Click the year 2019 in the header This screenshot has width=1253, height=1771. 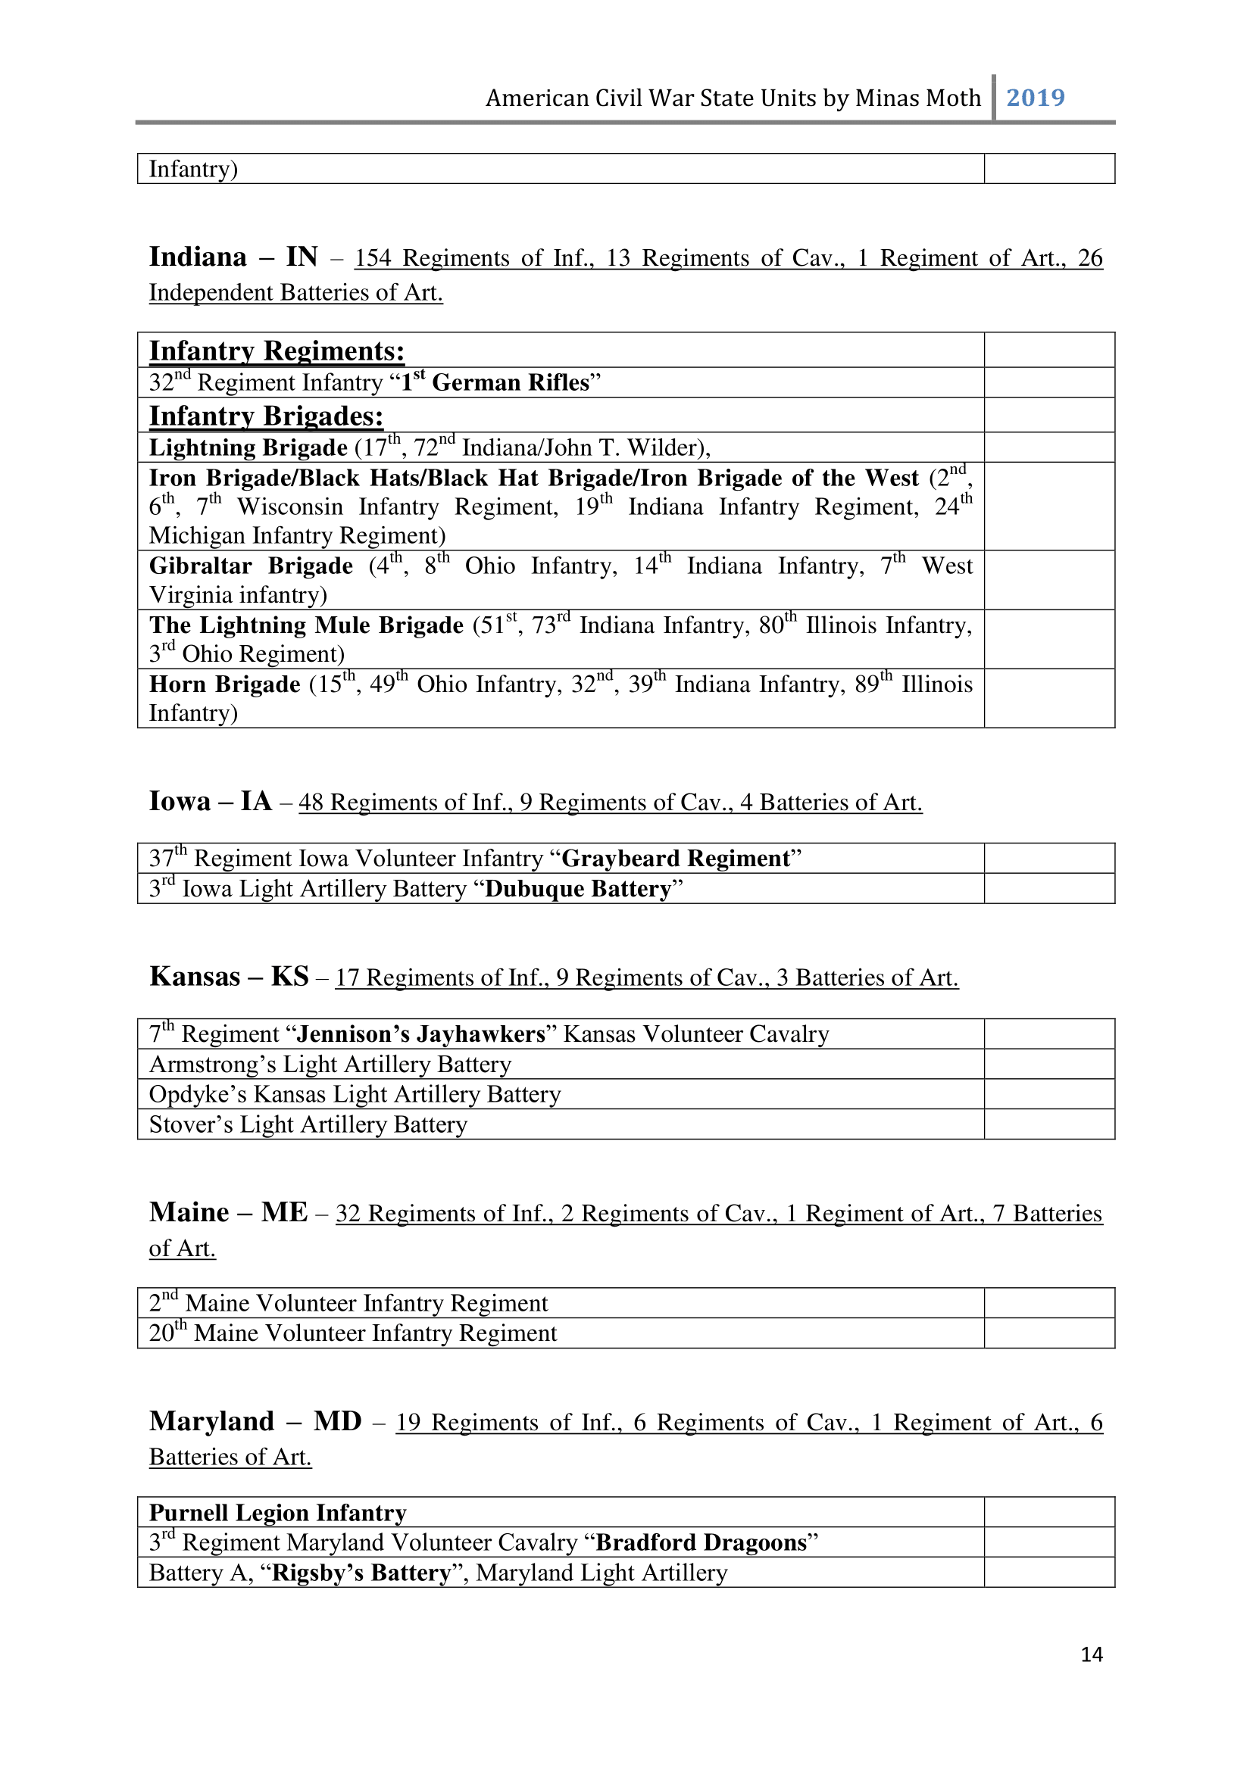click(x=1036, y=98)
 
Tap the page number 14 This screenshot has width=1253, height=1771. click(x=1091, y=1654)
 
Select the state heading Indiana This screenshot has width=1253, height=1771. click(x=198, y=257)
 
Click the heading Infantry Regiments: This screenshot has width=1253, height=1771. click(x=277, y=351)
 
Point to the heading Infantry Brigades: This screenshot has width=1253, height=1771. click(x=266, y=416)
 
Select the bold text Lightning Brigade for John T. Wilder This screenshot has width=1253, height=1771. click(x=248, y=448)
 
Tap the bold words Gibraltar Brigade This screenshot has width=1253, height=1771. click(x=251, y=566)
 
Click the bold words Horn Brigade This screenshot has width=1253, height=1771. click(x=224, y=685)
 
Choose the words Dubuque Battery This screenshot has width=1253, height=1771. click(x=578, y=890)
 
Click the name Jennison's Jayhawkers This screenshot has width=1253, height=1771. click(x=421, y=1034)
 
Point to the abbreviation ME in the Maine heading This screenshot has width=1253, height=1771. click(x=284, y=1212)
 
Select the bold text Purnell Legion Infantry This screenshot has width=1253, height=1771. click(x=278, y=1514)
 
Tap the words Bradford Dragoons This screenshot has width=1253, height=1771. click(x=701, y=1542)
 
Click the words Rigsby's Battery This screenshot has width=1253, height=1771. click(x=361, y=1573)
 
